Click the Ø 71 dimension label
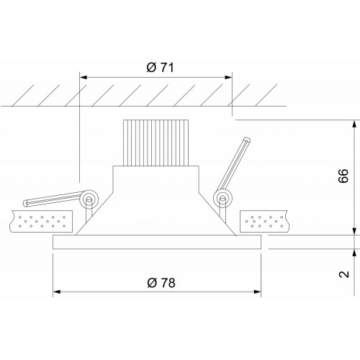(x=160, y=68)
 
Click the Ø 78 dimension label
(x=161, y=283)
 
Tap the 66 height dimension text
(x=343, y=176)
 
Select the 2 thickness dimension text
(x=343, y=274)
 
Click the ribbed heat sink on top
(x=156, y=143)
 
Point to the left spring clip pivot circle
(x=89, y=199)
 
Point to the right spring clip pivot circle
(x=222, y=199)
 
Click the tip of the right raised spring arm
(x=247, y=140)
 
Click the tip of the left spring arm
(x=26, y=204)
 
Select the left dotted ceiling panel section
(x=41, y=221)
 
